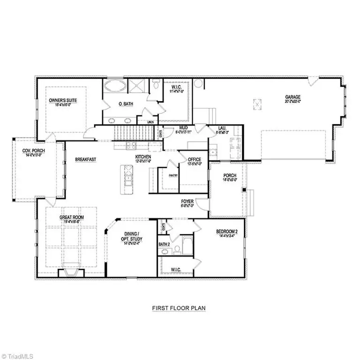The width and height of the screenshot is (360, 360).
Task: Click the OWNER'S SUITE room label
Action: point(63,100)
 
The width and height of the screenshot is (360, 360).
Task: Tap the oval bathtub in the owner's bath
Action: point(114,86)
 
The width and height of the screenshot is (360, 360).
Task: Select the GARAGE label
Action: point(292,97)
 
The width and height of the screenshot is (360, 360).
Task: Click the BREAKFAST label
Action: point(85,159)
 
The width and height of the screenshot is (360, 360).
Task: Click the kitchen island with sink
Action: point(127,179)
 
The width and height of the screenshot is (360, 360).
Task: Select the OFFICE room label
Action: point(194,160)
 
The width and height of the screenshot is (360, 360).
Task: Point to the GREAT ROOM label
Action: point(71,217)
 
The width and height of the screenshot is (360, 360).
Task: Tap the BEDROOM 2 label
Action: point(227,232)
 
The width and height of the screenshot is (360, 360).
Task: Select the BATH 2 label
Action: point(164,244)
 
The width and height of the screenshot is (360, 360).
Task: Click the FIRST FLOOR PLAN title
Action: point(179,308)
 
